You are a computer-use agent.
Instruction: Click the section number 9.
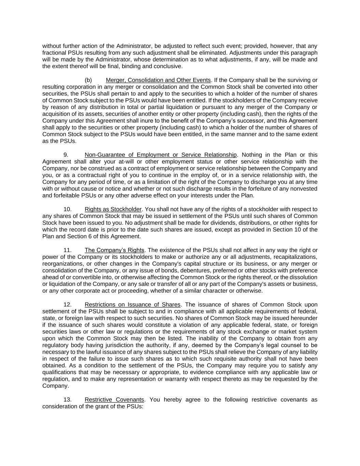click(66, 155)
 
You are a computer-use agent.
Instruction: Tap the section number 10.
click(67, 209)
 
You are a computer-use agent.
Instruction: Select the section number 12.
click(67, 305)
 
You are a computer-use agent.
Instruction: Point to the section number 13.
click(67, 400)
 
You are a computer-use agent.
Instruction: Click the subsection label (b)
click(88, 80)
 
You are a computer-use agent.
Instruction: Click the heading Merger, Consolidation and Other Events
click(158, 80)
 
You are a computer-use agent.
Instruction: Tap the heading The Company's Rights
click(114, 250)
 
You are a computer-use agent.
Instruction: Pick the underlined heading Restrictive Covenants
click(114, 400)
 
